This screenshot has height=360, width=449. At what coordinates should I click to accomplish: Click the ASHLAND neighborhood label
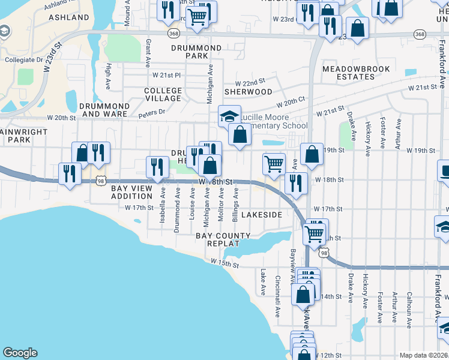(68, 17)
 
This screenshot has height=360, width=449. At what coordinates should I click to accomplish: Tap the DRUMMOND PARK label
(196, 52)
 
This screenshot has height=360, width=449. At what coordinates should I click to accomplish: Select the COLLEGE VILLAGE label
(163, 94)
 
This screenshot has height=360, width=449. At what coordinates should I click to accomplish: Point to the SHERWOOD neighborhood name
(248, 92)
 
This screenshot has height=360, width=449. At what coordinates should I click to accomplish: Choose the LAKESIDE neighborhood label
(262, 214)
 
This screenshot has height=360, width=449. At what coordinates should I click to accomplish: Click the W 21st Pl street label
(166, 75)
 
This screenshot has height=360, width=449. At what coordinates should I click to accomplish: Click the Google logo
(20, 353)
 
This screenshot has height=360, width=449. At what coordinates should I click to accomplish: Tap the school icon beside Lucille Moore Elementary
(229, 116)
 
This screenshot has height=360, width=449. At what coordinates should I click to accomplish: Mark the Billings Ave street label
(236, 202)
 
